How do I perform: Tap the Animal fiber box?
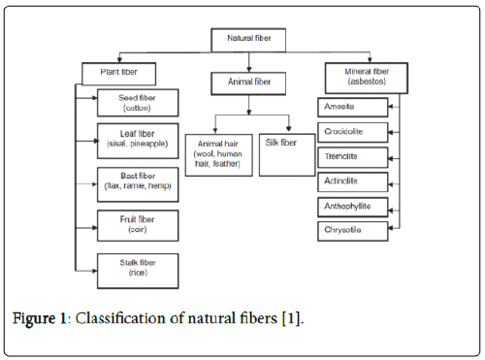(x=249, y=83)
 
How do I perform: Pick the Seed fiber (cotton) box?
(x=135, y=104)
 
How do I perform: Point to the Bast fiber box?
(x=135, y=181)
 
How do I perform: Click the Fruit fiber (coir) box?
(x=135, y=224)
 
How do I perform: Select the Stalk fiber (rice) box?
(x=135, y=266)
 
